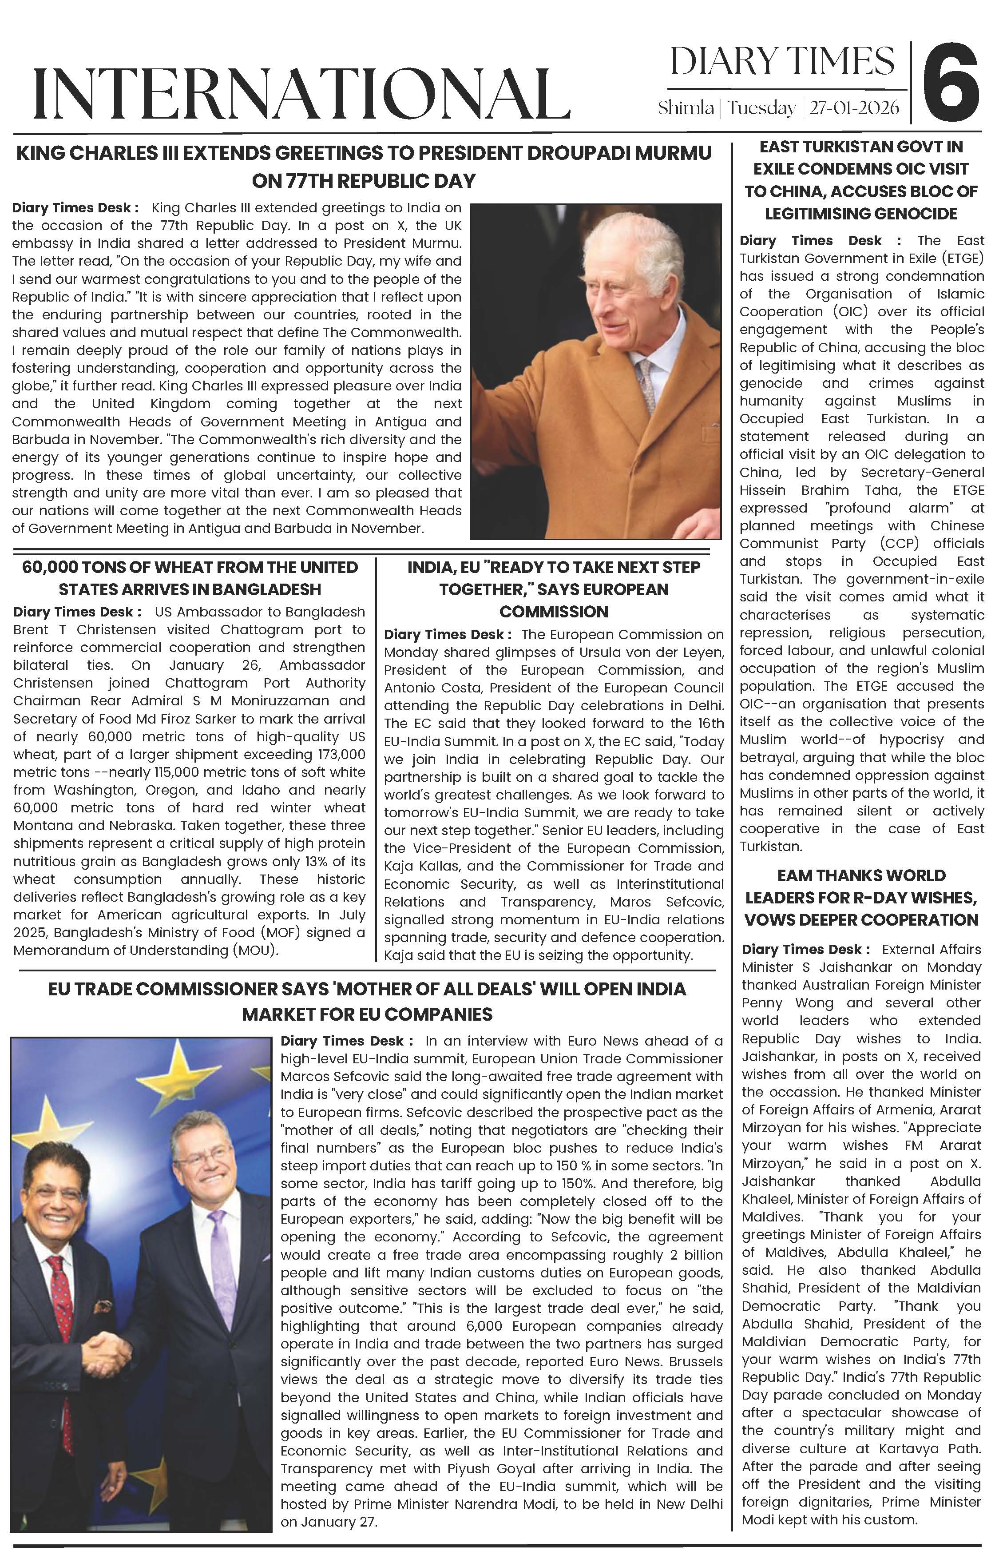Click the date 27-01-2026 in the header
(854, 107)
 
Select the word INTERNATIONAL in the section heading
(301, 95)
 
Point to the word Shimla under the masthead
(686, 107)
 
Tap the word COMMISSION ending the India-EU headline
(554, 611)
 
